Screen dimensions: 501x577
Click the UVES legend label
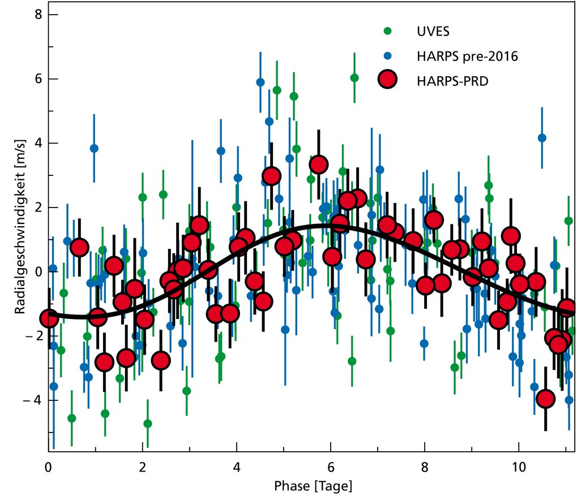click(429, 31)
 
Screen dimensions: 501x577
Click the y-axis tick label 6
click(37, 79)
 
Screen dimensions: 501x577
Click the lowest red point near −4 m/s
click(545, 399)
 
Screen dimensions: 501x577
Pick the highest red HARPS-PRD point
click(318, 165)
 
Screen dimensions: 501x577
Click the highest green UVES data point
click(354, 78)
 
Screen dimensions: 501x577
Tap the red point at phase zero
click(50, 318)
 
